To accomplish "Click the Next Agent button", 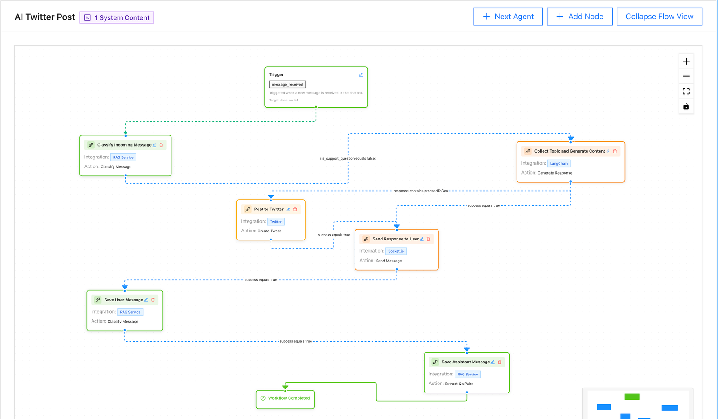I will tap(508, 17).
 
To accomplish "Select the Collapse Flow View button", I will tap(659, 17).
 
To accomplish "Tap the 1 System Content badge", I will tap(117, 17).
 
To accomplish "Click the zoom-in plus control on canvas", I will tap(686, 61).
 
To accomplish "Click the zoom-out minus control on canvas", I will tap(686, 76).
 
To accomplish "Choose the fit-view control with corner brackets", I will tap(686, 92).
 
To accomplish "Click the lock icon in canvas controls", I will tap(686, 107).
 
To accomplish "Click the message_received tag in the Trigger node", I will tap(287, 84).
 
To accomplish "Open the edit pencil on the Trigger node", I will tap(361, 75).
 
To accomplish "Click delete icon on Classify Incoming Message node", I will tap(162, 145).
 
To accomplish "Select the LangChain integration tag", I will tap(559, 164).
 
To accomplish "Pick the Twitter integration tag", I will tap(276, 222).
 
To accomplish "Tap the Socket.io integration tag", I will tap(396, 251).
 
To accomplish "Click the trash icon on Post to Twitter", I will tap(295, 209).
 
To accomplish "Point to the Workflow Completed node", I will tap(285, 398).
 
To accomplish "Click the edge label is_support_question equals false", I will tap(348, 159).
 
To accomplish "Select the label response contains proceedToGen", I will tap(421, 191).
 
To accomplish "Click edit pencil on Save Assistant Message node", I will tap(493, 362).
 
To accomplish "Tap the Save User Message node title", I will tap(123, 300).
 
